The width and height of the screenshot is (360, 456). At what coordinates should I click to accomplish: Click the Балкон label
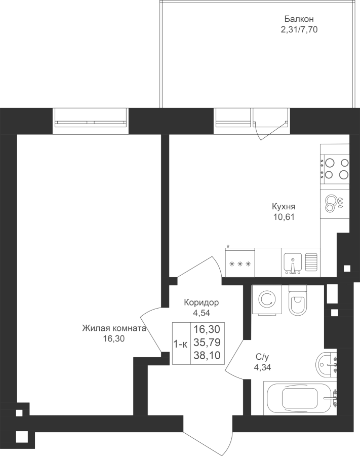(x=299, y=19)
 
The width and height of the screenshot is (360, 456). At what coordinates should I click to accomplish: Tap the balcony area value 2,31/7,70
(x=299, y=29)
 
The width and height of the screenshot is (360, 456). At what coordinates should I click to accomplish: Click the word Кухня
(x=284, y=207)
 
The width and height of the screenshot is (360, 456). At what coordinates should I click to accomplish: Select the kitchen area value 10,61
(x=284, y=217)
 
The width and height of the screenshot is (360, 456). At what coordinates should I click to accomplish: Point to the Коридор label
(x=202, y=303)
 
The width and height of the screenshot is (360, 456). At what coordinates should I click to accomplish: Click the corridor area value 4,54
(x=202, y=313)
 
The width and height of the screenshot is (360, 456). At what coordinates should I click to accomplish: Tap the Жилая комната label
(x=114, y=328)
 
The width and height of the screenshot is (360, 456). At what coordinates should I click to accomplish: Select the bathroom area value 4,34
(x=262, y=368)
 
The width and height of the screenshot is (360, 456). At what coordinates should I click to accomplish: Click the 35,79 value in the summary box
(x=207, y=343)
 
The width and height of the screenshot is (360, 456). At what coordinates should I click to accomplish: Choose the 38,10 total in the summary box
(x=207, y=355)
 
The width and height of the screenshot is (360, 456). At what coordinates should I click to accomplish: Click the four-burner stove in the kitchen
(x=335, y=168)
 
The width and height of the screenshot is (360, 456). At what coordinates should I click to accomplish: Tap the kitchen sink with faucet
(x=293, y=263)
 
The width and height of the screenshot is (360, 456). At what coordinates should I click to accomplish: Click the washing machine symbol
(x=267, y=299)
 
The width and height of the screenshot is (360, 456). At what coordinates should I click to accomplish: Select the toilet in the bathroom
(x=298, y=299)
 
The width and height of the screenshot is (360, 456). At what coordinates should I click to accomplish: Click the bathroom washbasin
(x=326, y=364)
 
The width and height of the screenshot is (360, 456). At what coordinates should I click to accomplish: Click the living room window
(x=91, y=121)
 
